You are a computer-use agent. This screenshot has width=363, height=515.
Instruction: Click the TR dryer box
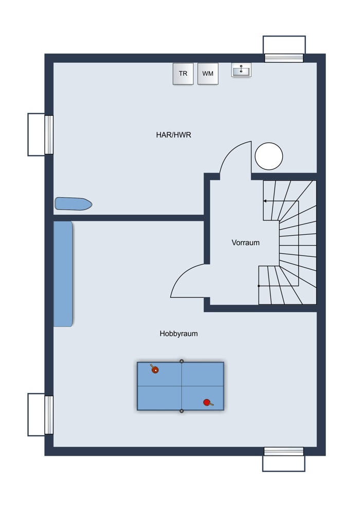[183, 74]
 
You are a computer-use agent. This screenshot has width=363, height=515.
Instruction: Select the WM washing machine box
[208, 74]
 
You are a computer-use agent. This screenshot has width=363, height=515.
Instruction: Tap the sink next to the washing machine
[241, 71]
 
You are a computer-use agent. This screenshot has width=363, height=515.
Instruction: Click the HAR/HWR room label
[174, 135]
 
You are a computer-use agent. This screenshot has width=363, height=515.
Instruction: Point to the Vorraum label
[245, 243]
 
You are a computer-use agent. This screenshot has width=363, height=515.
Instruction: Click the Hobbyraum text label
[178, 334]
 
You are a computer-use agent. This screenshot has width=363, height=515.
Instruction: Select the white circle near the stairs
[269, 156]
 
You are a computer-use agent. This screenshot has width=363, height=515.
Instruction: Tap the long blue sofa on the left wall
[63, 274]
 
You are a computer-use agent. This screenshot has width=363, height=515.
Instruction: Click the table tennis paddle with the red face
[207, 403]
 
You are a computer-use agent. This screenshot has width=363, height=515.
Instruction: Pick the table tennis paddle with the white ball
[154, 369]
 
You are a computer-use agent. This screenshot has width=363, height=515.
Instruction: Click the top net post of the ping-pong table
[181, 361]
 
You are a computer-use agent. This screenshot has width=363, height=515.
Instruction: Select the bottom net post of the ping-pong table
[181, 411]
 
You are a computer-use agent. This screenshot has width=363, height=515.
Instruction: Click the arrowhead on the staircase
[265, 201]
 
